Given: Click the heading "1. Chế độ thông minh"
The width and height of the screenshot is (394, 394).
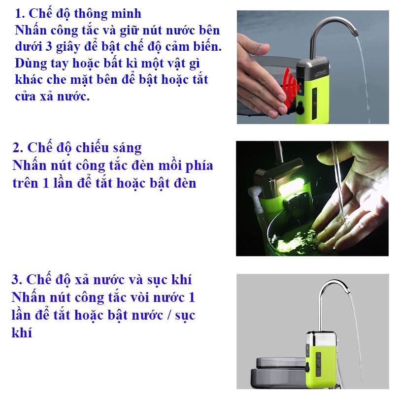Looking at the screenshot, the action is [x=78, y=13].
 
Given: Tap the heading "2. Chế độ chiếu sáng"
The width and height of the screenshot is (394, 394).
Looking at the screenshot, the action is [x=77, y=147].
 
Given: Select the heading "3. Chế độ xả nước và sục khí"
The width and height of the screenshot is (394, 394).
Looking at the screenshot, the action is [x=102, y=280].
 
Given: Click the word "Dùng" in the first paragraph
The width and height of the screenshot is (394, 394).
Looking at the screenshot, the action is [x=31, y=64].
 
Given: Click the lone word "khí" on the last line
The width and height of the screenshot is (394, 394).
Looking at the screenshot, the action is [x=22, y=332].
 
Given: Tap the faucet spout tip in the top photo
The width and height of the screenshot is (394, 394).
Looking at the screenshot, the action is [x=355, y=33].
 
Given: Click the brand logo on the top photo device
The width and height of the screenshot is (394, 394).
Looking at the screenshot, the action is [x=321, y=73].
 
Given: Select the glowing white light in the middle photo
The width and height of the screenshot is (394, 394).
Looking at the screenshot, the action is [x=289, y=188].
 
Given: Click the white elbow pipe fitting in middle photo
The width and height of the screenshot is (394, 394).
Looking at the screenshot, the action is [x=254, y=194].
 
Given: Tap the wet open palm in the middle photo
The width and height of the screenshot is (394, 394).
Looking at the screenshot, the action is [x=352, y=206].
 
